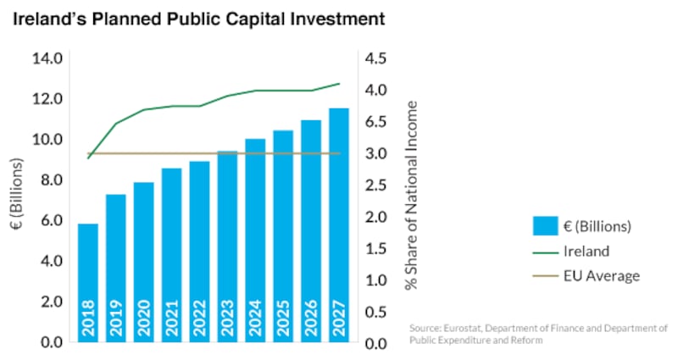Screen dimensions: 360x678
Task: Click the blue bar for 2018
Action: (x=88, y=271)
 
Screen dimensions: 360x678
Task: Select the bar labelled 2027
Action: (x=339, y=220)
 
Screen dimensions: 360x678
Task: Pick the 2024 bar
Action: (x=255, y=237)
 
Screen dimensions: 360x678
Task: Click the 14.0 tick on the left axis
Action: (x=46, y=58)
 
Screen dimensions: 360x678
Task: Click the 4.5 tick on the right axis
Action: (x=379, y=58)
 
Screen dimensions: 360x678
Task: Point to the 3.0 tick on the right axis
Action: (x=379, y=153)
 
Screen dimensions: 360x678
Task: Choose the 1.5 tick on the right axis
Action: (x=379, y=248)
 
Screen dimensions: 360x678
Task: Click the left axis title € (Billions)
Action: (x=18, y=200)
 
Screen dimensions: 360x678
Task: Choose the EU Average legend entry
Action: (x=601, y=275)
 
